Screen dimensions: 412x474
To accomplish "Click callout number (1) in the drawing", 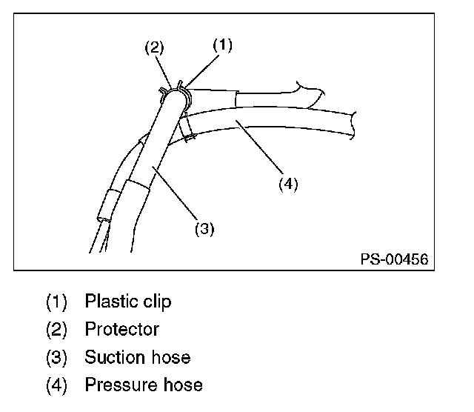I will [222, 45].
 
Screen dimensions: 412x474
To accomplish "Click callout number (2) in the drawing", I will [154, 48].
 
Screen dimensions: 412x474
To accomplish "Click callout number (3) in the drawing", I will [204, 229].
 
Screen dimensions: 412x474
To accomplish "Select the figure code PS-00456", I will [394, 260].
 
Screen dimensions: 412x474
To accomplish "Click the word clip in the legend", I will [156, 302].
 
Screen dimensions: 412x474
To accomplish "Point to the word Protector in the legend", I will [121, 329].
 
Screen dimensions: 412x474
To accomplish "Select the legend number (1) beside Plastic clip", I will [56, 302].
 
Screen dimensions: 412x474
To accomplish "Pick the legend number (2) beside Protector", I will [56, 330].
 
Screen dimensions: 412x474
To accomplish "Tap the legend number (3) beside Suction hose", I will [56, 358].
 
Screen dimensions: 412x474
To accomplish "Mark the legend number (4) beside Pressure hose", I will [56, 385].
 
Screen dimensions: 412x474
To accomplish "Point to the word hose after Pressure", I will [182, 385].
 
